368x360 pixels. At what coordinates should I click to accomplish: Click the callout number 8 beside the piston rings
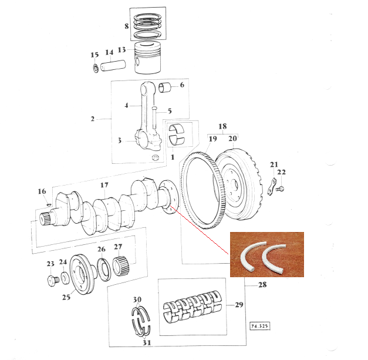[x=127, y=26]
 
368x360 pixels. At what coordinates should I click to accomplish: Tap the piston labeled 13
[x=148, y=58]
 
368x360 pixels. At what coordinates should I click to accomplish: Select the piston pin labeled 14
[x=113, y=65]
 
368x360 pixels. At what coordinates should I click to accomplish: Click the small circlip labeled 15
[x=96, y=68]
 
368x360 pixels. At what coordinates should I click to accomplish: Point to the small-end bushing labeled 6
[x=165, y=88]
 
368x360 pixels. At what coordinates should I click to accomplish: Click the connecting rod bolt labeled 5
[x=154, y=117]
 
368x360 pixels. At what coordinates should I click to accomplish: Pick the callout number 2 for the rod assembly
[x=93, y=119]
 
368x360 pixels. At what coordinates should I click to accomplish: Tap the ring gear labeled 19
[x=202, y=190]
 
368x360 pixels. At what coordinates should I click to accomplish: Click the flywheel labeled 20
[x=238, y=184]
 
